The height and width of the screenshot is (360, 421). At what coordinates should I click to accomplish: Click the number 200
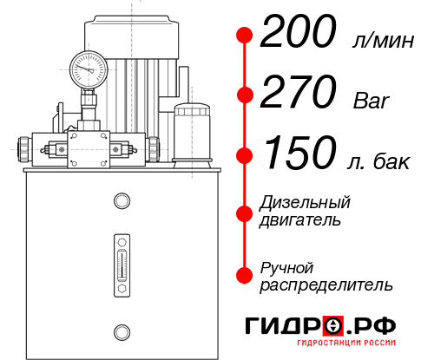tap(299, 34)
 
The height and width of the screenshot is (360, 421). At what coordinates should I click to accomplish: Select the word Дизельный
tap(305, 203)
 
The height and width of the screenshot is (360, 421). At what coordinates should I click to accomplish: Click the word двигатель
tap(300, 220)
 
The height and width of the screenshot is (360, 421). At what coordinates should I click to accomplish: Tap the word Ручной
tap(286, 266)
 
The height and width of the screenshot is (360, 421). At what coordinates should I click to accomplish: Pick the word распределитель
tap(326, 285)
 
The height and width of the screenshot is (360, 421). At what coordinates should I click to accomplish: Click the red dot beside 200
tap(245, 36)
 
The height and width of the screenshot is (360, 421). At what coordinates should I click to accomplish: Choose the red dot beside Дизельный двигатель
tap(245, 212)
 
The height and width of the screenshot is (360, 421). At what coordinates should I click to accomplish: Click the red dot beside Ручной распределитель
tap(245, 275)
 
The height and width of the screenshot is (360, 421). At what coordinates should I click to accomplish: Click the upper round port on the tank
tap(121, 201)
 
